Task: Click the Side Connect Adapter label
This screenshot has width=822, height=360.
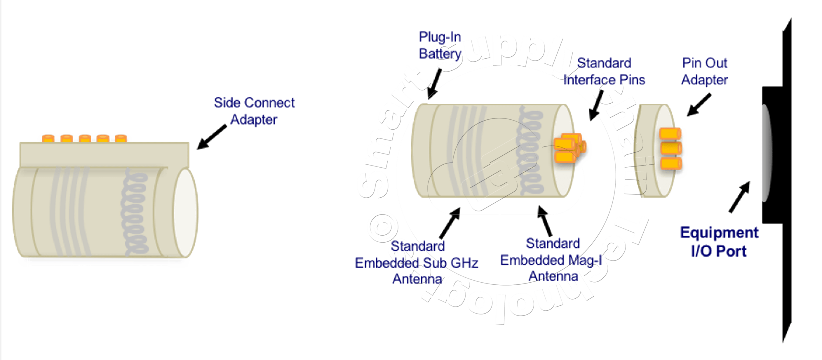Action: point(254,111)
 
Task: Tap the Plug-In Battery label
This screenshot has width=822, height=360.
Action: point(440,45)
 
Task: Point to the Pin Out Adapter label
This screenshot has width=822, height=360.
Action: point(705,72)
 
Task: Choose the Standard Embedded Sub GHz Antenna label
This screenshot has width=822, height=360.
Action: point(417,263)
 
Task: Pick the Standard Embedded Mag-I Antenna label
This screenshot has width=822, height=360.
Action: point(552,260)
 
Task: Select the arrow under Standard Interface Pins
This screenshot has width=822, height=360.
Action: point(596,105)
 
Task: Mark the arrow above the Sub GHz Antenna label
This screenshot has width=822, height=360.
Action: point(450,223)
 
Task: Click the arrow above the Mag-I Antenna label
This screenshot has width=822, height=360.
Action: point(545,220)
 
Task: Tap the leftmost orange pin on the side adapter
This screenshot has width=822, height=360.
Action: point(48,138)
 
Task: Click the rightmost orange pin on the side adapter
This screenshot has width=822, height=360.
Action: point(121,138)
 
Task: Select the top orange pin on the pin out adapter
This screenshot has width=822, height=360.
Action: point(671,133)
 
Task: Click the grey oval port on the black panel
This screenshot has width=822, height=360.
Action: point(766,153)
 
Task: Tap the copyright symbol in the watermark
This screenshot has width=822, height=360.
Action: point(382,227)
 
